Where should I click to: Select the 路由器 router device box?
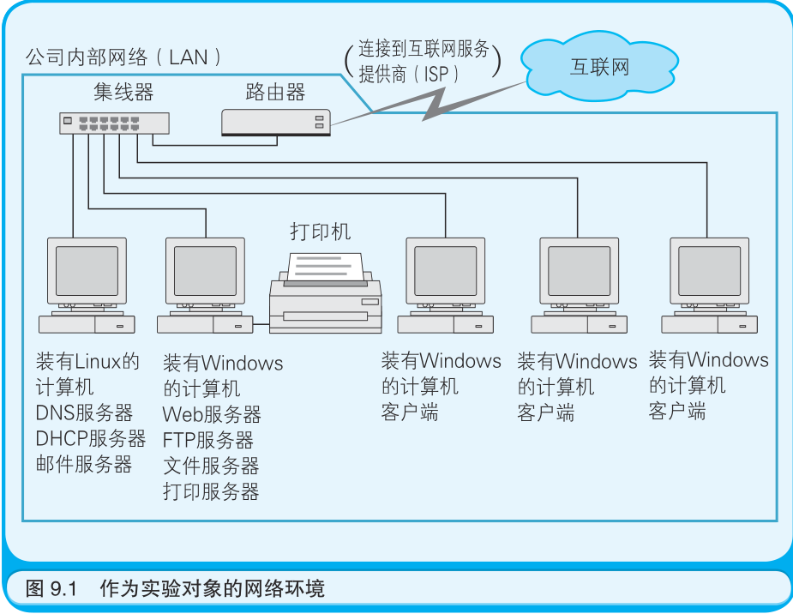point(276,123)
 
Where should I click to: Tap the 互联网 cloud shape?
point(598,67)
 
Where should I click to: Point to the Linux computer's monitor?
point(87,274)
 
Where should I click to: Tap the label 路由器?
point(275,92)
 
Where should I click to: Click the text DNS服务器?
point(85,413)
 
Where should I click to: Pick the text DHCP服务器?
point(91,439)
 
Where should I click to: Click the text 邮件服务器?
point(84,465)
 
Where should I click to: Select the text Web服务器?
point(212,415)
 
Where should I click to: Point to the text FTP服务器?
point(208,441)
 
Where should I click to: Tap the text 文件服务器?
point(211,466)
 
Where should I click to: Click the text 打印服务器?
point(211,491)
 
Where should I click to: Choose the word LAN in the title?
point(189,58)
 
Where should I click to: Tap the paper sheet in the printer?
point(325,267)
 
